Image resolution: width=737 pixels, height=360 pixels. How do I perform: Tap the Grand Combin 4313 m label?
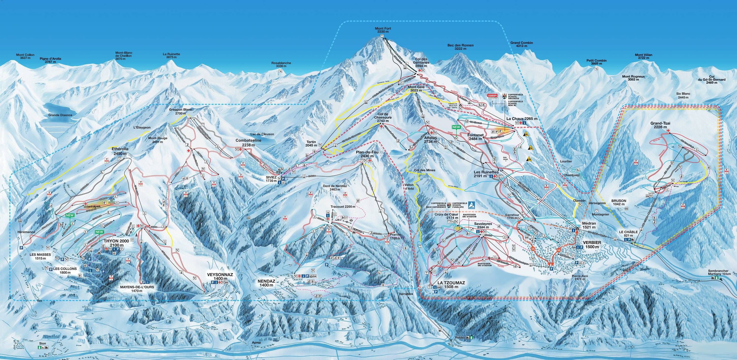521,44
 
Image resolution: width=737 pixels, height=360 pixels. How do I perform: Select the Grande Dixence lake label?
60,115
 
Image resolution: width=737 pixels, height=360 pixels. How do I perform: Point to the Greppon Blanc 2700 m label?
181,111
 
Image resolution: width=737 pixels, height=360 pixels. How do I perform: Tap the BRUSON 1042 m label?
619,202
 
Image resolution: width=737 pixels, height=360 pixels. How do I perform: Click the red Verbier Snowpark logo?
493,96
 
